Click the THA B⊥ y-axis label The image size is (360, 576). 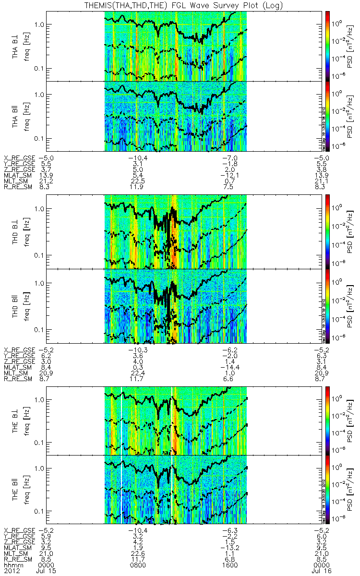(x=16, y=46)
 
